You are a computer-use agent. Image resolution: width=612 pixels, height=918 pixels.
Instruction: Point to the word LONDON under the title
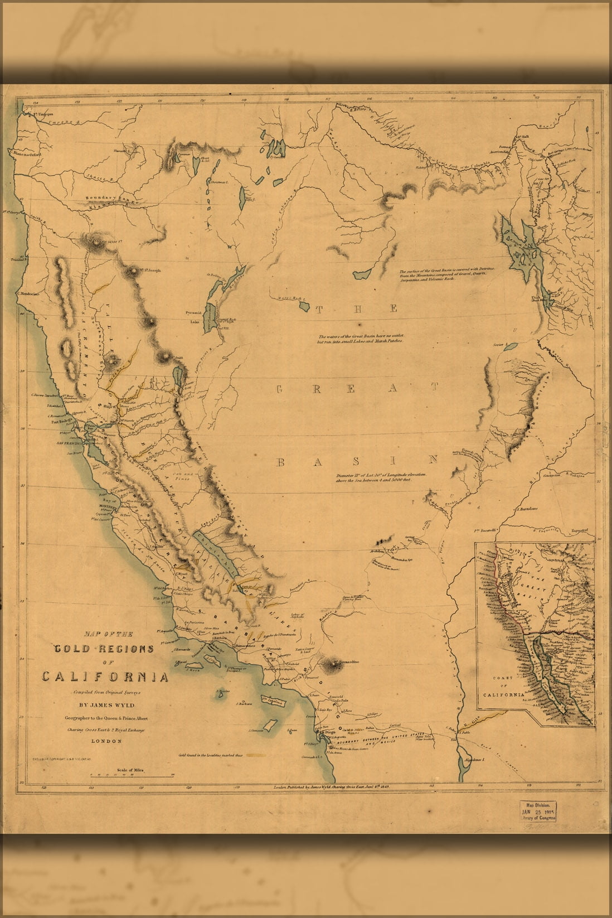point(106,741)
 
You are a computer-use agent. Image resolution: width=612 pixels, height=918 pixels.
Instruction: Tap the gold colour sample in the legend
point(256,756)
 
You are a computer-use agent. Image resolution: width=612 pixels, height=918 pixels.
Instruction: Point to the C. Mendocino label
point(27,292)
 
